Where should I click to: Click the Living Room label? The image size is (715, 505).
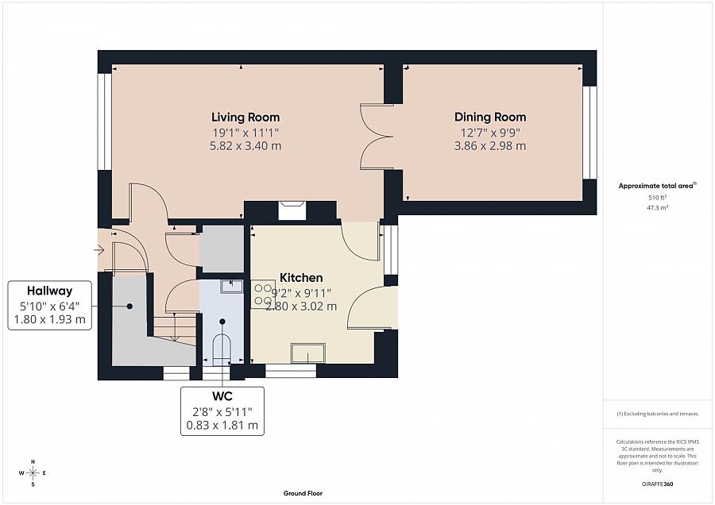tap(245, 118)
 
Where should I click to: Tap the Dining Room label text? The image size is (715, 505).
tap(489, 118)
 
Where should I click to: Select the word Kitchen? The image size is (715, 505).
tap(301, 278)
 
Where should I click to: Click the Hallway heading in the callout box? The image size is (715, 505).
tap(49, 291)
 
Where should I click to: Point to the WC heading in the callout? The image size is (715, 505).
tap(222, 395)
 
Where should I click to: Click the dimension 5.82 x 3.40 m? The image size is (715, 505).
tap(245, 146)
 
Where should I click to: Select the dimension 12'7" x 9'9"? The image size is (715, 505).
tap(489, 132)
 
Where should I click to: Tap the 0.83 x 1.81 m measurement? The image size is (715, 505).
tap(222, 425)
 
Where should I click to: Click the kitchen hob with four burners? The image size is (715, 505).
tap(263, 295)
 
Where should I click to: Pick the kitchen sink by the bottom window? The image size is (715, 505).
tap(307, 352)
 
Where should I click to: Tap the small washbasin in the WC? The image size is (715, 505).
tap(232, 286)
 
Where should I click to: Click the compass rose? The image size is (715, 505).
tap(33, 473)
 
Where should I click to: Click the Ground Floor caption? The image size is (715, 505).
tap(303, 493)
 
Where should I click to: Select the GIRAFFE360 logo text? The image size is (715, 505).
tap(658, 483)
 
